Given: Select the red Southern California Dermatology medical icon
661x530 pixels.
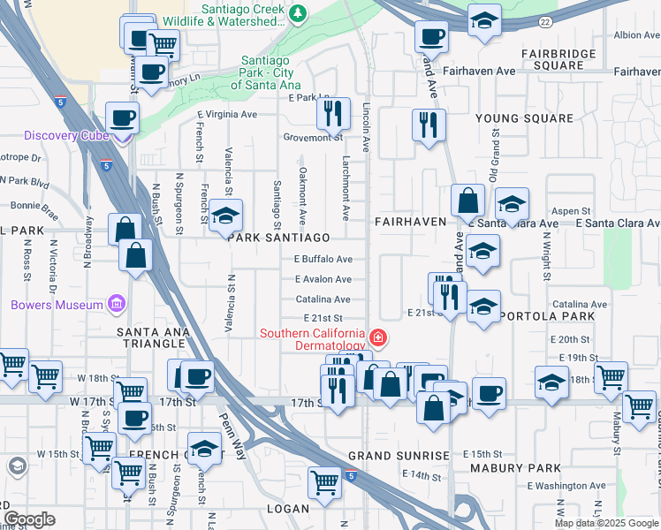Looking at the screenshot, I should pos(378,337).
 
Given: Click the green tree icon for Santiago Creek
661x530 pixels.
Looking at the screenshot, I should pos(298,12).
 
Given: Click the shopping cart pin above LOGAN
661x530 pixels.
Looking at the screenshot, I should pos(324,481).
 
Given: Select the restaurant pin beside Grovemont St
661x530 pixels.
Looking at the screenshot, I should pos(333,111).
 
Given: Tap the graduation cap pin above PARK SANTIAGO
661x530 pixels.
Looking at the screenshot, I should pos(225,215).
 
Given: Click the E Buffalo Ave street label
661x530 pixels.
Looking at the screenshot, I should pos(323,260).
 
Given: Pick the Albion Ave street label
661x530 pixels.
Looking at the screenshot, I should pos(637,35).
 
